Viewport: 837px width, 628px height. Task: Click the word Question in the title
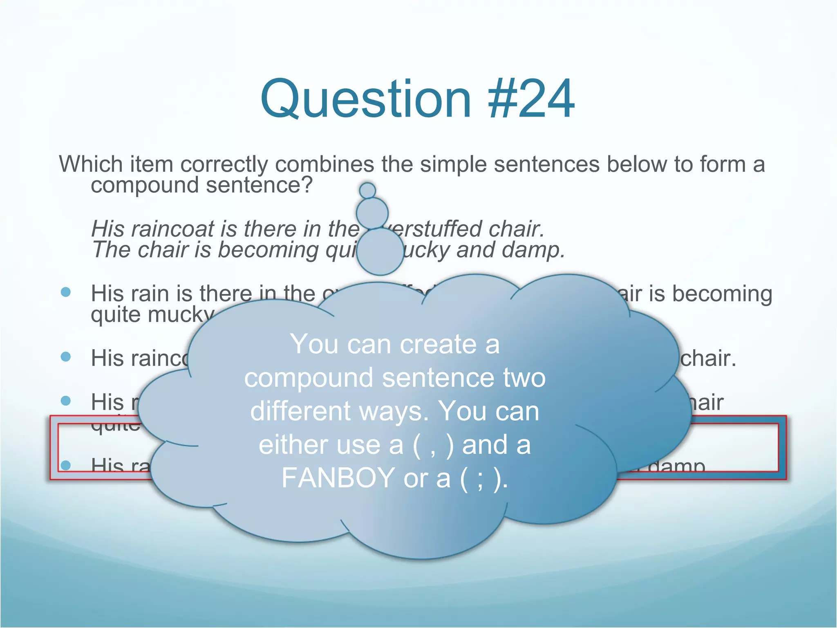366,99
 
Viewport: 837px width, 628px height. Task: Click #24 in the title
531,99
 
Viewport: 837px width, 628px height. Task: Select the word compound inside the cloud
309,378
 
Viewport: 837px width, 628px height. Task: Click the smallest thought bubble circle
367,190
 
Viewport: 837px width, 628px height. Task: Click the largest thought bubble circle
380,251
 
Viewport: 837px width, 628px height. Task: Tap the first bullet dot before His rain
66,292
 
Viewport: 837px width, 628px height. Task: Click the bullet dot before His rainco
66,357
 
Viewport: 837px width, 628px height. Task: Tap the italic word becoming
268,251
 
